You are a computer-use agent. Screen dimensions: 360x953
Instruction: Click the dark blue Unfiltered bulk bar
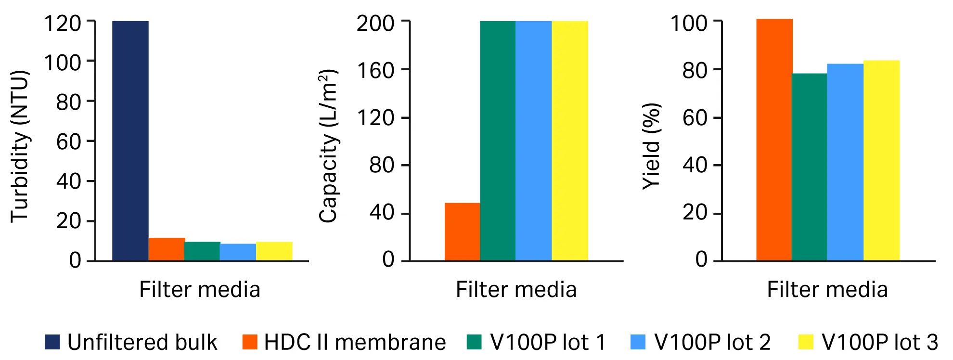130,141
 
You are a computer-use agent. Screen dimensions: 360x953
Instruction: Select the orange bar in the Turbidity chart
167,249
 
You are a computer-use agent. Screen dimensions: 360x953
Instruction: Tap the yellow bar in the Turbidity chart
274,251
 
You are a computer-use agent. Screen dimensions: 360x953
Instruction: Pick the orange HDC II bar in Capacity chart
462,232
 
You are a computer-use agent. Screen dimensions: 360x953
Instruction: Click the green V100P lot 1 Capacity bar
498,141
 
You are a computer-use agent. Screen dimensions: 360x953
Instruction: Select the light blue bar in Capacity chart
533,141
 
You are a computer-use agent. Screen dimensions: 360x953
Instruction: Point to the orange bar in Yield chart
774,140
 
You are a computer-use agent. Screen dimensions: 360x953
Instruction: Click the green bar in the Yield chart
809,167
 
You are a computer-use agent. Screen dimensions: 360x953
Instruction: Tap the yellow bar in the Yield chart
881,160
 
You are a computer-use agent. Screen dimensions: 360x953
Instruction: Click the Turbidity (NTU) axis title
20,146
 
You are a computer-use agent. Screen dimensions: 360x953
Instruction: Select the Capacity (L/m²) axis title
328,146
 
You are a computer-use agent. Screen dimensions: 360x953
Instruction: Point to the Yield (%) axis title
652,146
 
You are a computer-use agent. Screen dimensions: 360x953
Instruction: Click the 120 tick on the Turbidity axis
63,23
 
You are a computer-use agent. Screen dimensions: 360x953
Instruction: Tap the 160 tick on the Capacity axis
375,70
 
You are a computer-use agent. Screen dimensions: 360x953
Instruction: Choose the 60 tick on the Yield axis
695,118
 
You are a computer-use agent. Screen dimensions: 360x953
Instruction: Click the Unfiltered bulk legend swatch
52,342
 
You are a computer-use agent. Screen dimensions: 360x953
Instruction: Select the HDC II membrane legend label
355,342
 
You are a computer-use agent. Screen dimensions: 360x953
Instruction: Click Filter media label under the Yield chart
827,290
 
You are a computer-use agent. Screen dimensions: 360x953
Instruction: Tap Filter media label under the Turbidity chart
200,290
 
